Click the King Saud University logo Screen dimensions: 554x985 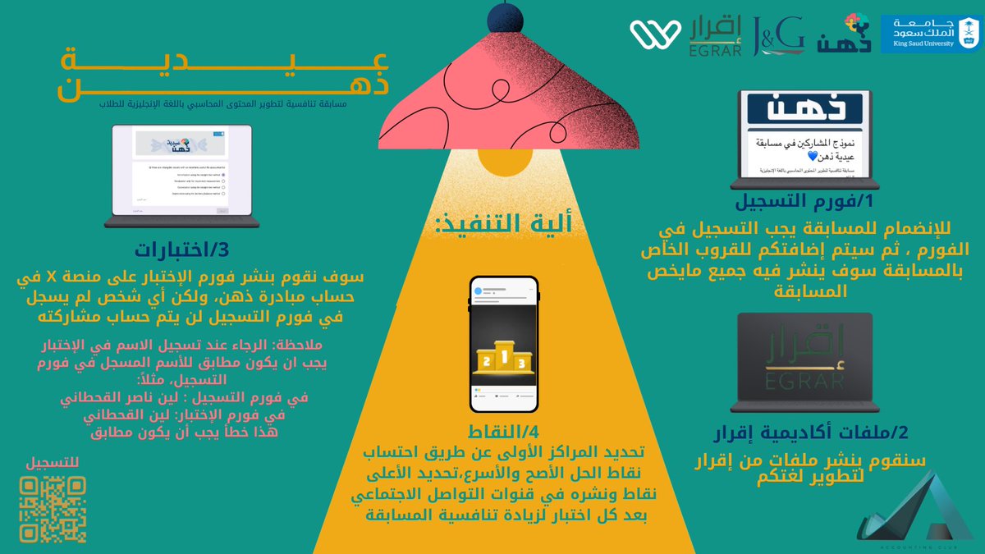(x=931, y=34)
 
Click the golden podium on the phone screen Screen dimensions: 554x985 (x=503, y=356)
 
